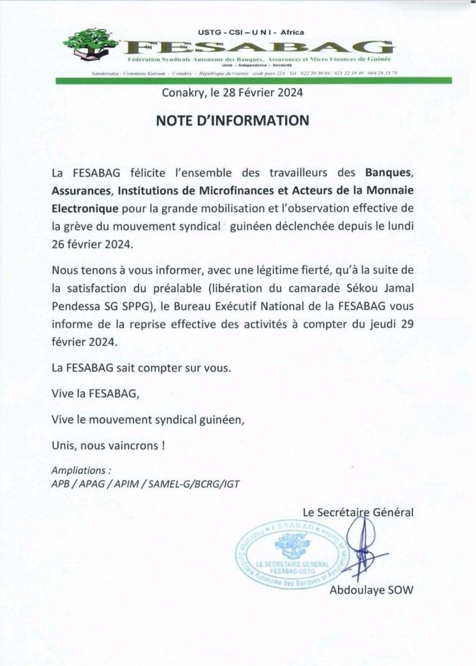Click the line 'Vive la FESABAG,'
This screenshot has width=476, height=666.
point(95,394)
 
